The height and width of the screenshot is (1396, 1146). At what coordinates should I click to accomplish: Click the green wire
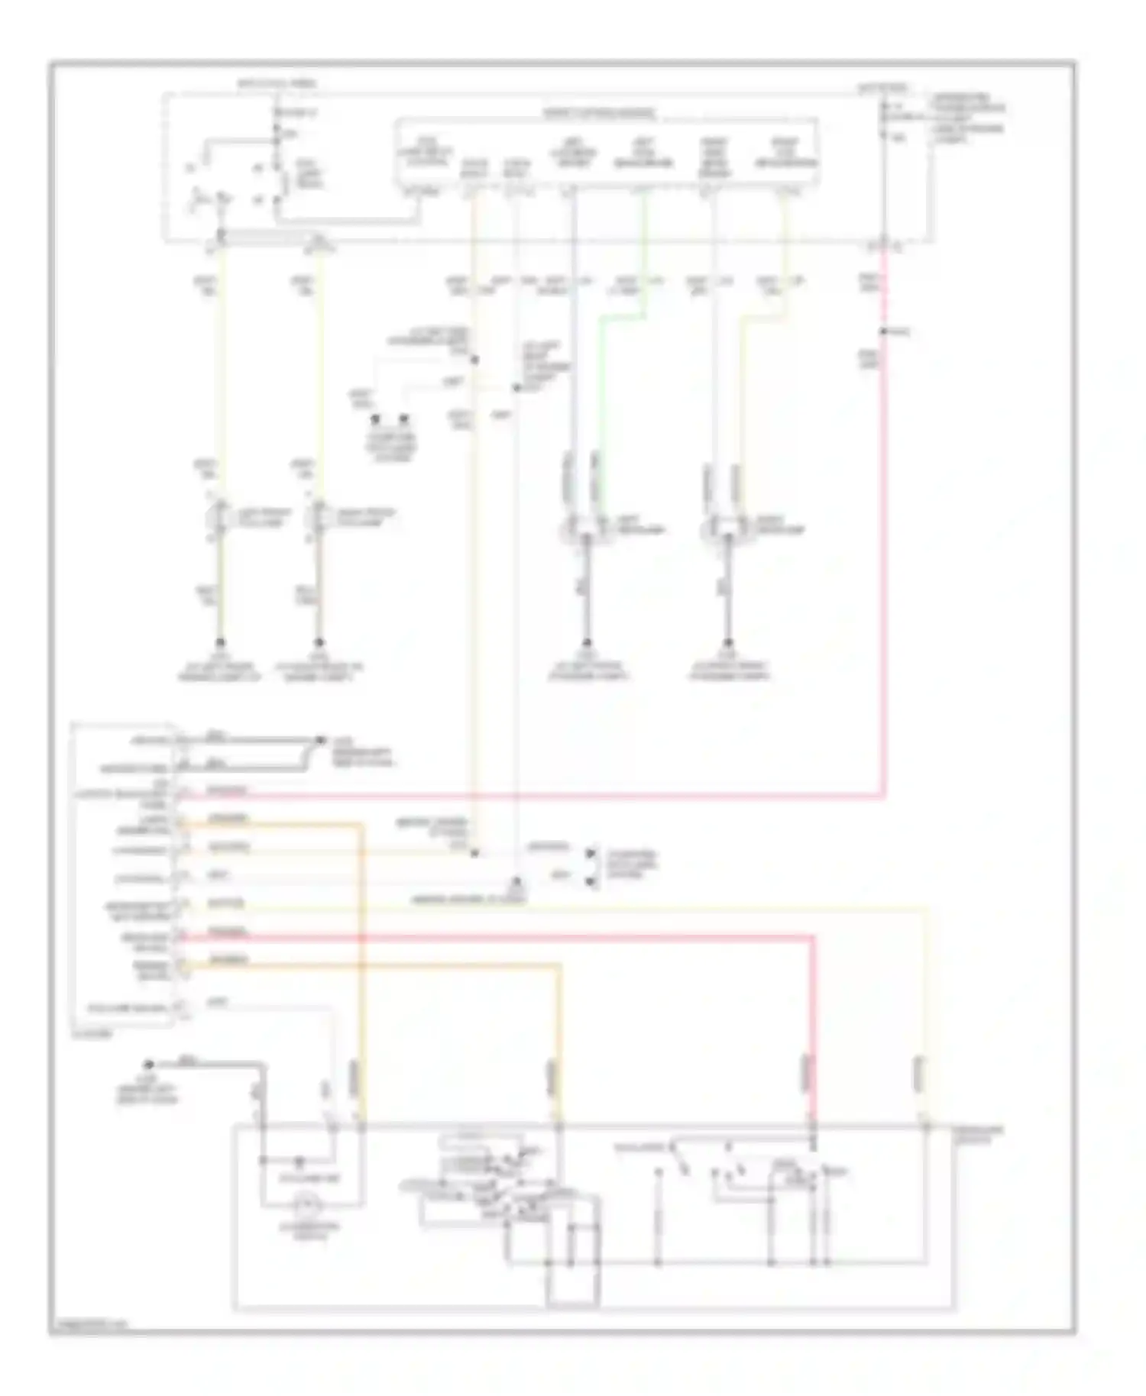pos(601,382)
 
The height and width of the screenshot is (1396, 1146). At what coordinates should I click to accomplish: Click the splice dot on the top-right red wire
pos(882,331)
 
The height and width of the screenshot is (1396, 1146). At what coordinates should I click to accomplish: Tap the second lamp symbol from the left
pos(319,519)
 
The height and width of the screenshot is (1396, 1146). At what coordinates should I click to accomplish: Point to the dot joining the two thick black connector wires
pos(319,740)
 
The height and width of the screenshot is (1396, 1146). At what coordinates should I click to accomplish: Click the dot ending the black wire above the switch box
pos(149,1064)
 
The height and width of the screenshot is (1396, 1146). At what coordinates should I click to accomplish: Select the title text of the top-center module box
pos(599,113)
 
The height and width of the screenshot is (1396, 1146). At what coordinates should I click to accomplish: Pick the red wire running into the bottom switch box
pos(812,1031)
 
